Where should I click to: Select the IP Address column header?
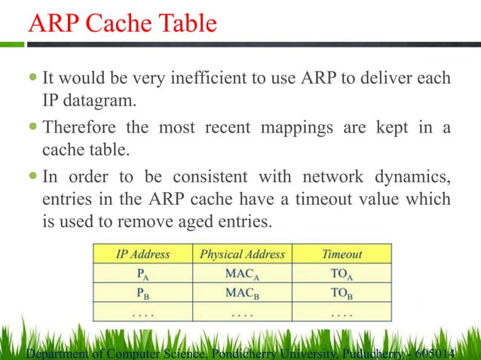point(142,255)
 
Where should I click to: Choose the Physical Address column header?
point(242,255)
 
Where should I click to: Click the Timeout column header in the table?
point(342,255)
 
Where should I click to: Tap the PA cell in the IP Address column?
point(142,274)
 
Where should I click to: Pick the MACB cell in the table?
point(242,292)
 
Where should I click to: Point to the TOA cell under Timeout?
point(342,274)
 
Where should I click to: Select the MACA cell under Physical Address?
point(242,274)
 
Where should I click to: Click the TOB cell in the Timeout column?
point(342,292)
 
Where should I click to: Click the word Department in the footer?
point(57,352)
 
